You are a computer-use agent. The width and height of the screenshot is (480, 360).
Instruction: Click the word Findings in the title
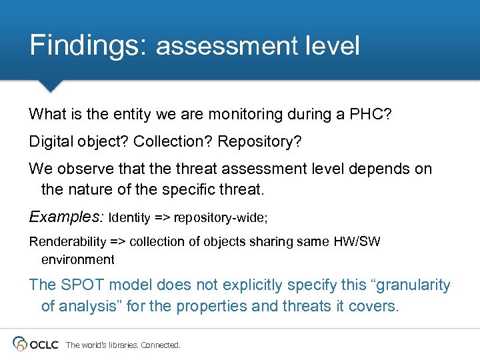coord(87,45)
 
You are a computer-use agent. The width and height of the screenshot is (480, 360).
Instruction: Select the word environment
coord(77,259)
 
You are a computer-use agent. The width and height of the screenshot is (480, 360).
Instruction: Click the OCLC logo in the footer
coord(36,344)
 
